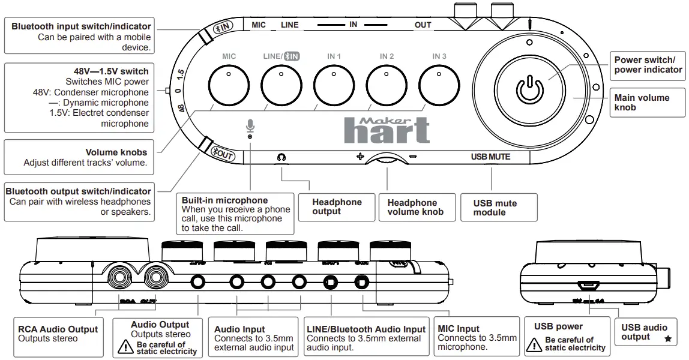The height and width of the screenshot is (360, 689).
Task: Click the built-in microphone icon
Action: [x=250, y=127]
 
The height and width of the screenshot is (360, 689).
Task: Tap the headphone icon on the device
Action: [x=281, y=157]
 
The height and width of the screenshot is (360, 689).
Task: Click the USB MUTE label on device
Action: [x=490, y=157]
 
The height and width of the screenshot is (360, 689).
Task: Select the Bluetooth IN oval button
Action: [x=223, y=28]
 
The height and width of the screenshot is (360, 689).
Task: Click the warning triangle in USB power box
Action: [x=534, y=344]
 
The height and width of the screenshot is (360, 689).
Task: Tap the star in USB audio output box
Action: [x=668, y=339]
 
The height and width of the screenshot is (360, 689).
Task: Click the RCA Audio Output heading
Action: [x=58, y=329]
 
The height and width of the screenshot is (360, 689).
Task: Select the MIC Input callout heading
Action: [x=459, y=328]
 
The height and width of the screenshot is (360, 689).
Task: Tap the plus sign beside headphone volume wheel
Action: [x=360, y=157]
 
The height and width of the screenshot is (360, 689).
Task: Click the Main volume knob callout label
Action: [x=642, y=102]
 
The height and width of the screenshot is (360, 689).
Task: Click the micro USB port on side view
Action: [x=588, y=285]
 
